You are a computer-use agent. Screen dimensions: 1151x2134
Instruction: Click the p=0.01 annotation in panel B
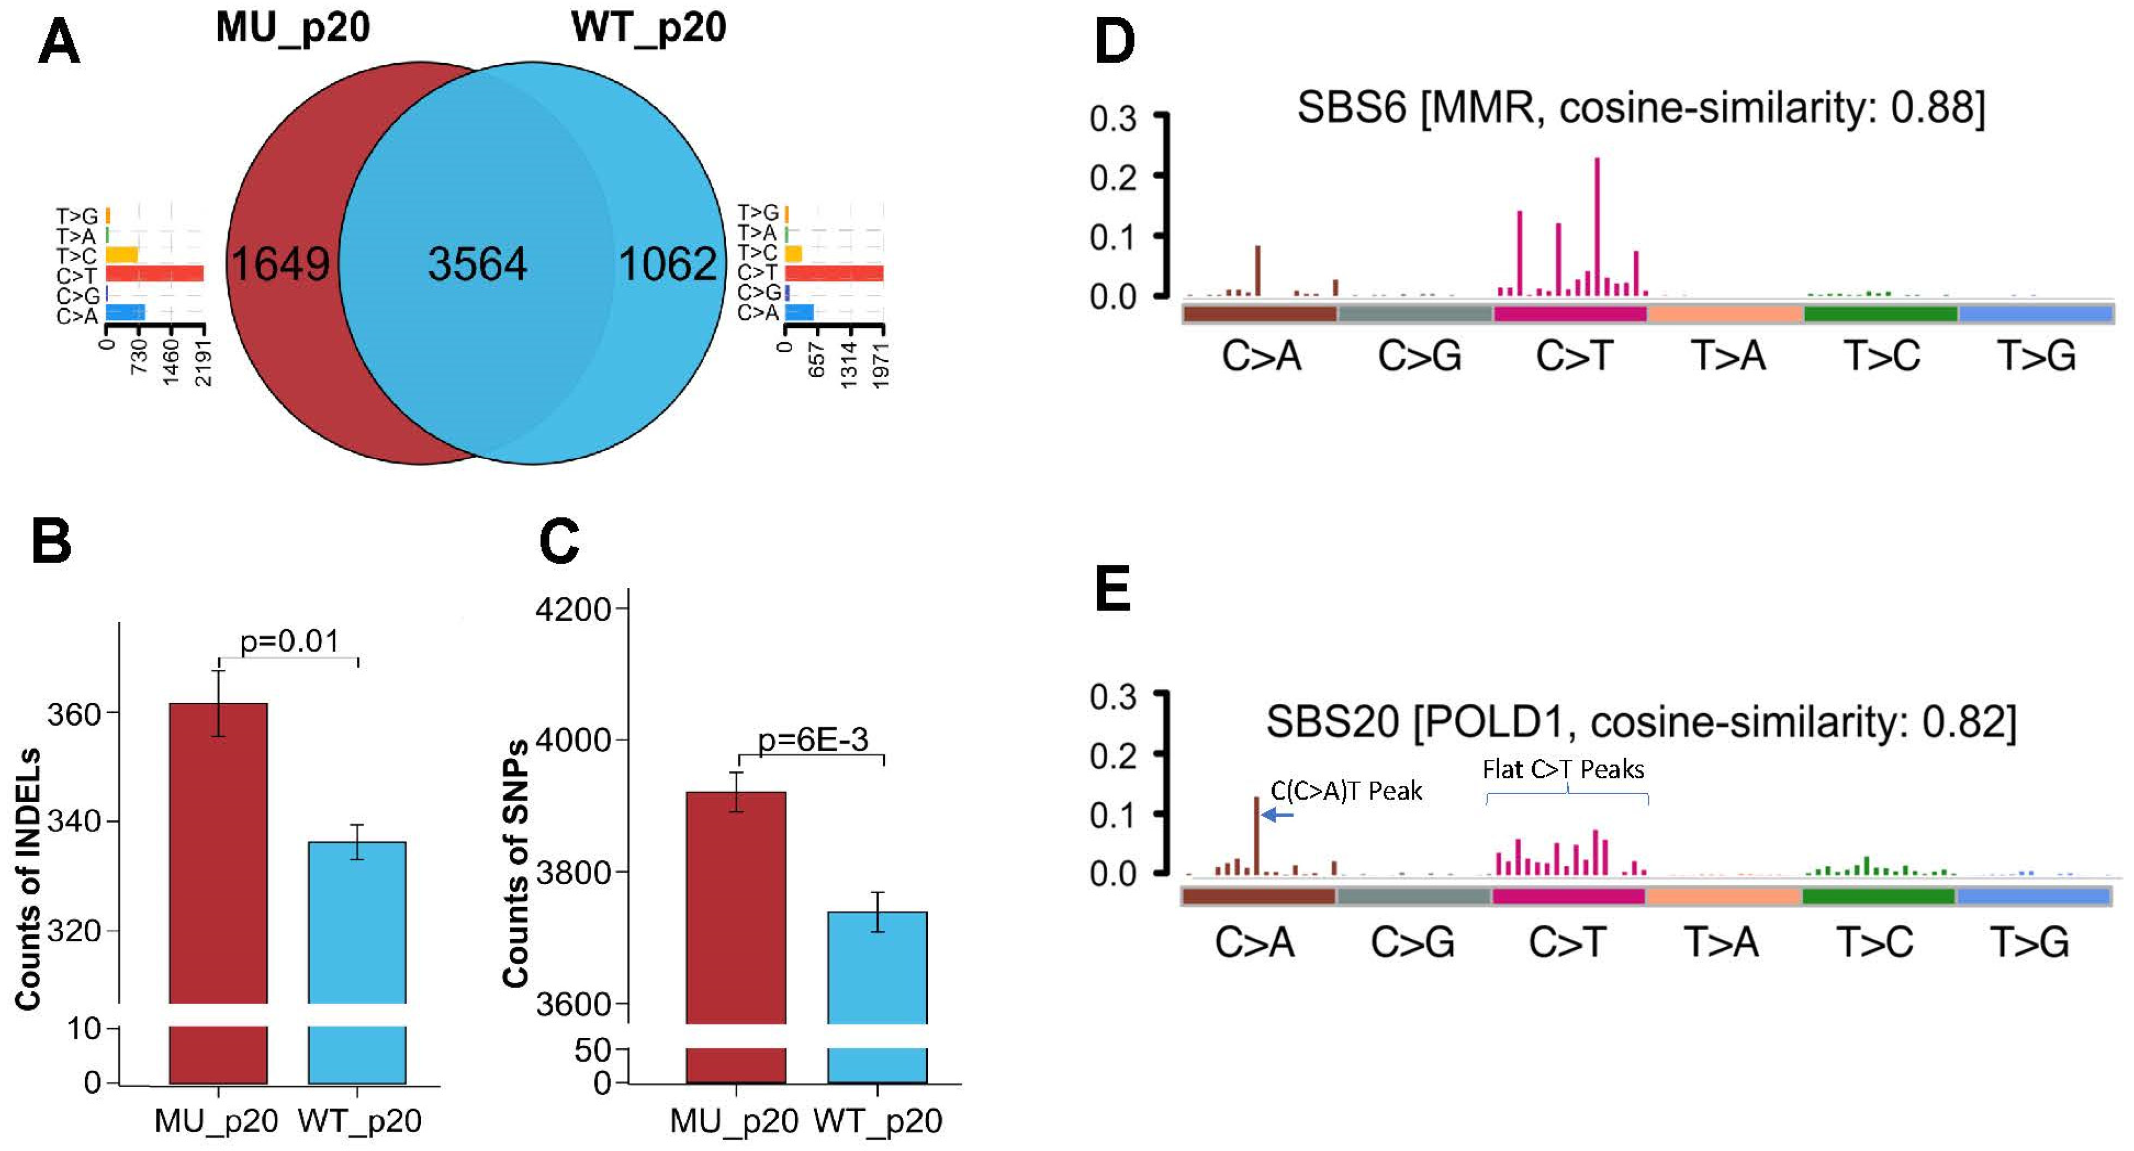289,641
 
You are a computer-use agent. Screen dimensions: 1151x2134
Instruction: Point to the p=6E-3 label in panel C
813,739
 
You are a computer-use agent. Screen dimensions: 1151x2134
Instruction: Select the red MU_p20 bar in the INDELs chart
218,854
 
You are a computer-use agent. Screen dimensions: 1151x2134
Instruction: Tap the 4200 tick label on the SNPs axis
574,609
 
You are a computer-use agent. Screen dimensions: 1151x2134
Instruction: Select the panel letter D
1114,41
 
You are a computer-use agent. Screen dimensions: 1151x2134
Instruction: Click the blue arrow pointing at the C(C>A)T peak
1277,816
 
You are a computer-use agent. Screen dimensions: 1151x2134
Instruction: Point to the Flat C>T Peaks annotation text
1563,770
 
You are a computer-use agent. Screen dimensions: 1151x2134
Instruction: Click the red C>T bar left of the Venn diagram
155,273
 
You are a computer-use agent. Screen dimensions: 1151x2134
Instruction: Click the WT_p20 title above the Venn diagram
648,27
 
